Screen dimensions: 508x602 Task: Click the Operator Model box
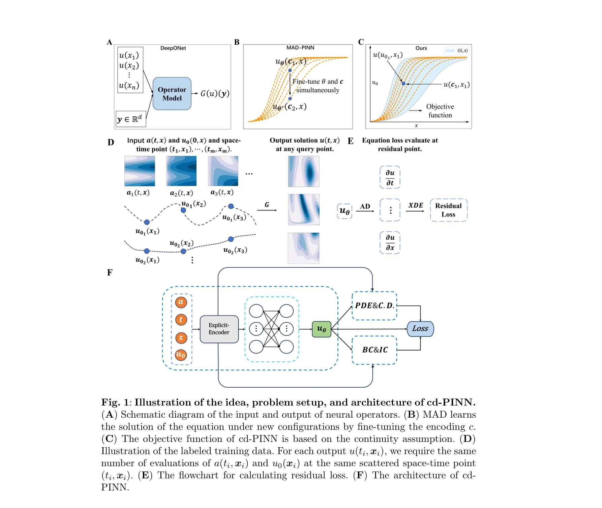coord(172,94)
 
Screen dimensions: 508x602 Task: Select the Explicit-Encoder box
coord(219,329)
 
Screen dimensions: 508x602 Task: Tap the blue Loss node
coord(420,329)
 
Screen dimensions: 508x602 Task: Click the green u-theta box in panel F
coord(322,329)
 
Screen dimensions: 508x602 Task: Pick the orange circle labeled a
coord(181,302)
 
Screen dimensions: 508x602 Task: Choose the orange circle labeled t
coord(181,320)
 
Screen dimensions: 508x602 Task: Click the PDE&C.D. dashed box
coord(374,306)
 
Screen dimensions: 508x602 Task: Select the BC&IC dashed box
coord(374,350)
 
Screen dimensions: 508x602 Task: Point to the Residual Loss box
coord(448,210)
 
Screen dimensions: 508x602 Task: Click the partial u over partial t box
coord(390,177)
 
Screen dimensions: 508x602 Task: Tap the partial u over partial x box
coord(390,242)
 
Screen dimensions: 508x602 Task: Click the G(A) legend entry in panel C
coord(456,51)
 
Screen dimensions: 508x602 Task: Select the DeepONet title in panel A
coord(173,48)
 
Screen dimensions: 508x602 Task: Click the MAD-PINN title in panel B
coord(300,48)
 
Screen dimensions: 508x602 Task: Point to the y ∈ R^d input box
coord(130,119)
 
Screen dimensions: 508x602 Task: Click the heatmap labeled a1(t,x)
coord(140,171)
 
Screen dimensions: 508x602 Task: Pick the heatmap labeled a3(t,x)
coord(223,171)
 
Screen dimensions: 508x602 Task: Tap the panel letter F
coord(110,272)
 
